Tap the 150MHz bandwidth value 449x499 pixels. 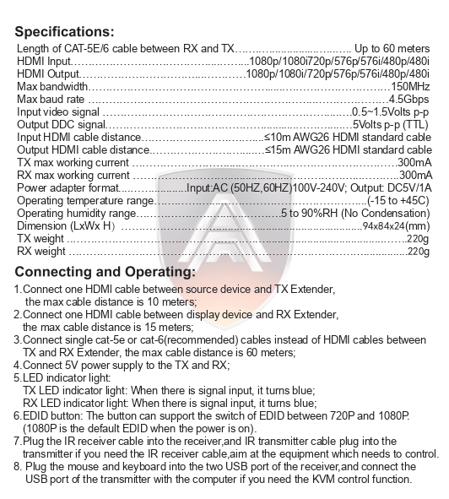[x=410, y=87]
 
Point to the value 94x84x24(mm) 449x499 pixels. [x=396, y=226]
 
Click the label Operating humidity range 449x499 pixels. [x=76, y=214]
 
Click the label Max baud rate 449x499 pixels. [x=51, y=100]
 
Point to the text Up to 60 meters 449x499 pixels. [x=391, y=48]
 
